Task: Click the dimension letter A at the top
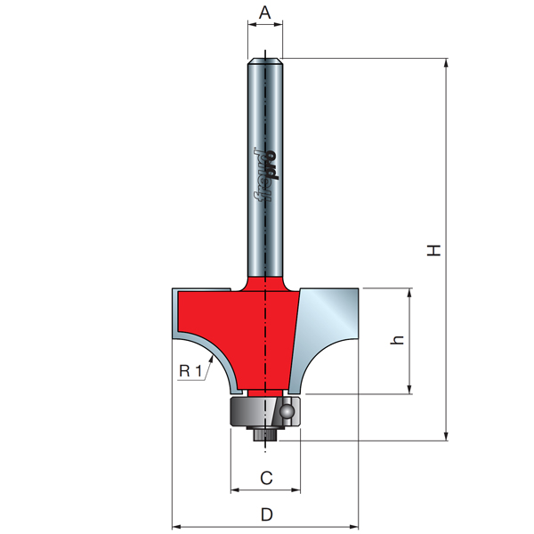pos(264,13)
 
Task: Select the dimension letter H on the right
pos(434,250)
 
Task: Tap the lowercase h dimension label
pos(397,340)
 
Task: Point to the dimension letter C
pos(266,478)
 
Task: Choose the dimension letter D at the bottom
pos(267,514)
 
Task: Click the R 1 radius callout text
pos(190,370)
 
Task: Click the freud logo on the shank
pos(265,174)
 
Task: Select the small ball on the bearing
pos(287,411)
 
